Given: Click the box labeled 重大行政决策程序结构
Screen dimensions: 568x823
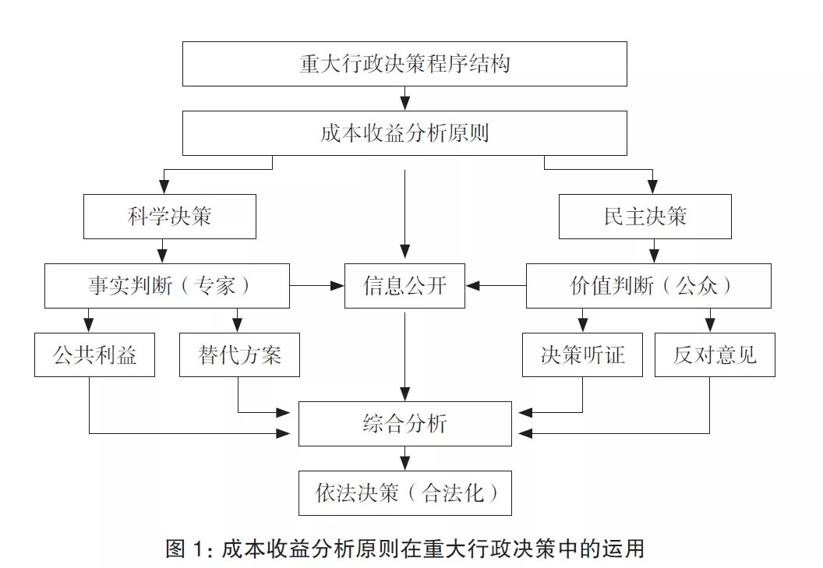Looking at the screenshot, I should pos(404,64).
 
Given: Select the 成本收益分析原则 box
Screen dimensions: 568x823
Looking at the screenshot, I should pos(404,133).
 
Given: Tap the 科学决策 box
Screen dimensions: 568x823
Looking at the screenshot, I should pos(169,216).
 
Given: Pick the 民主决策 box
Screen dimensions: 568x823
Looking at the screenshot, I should pos(645,216).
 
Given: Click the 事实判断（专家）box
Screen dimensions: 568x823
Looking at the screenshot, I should pos(168,285).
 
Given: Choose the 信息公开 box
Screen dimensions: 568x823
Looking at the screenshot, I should pos(404,285).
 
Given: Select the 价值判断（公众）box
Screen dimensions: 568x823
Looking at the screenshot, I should pos(648,285).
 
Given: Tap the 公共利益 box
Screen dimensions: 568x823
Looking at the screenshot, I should pos(94,355).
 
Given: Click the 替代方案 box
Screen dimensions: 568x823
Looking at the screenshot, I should pos(240,355).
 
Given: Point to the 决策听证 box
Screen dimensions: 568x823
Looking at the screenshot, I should pos(582,355).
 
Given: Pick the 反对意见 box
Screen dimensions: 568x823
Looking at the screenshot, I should pos(715,355).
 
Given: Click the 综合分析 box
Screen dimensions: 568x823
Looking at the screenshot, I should pos(404,424).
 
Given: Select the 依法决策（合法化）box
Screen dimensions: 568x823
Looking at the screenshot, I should pos(404,492).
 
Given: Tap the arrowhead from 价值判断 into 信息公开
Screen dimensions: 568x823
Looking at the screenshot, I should pos(472,286).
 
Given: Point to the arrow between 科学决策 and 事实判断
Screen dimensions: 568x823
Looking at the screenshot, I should pos(163,252).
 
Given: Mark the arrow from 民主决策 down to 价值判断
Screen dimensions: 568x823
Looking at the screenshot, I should pos(653,252).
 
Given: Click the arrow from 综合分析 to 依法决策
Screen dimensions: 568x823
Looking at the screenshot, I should pos(404,459).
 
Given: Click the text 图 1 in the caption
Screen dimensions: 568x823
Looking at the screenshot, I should pos(185,549).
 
